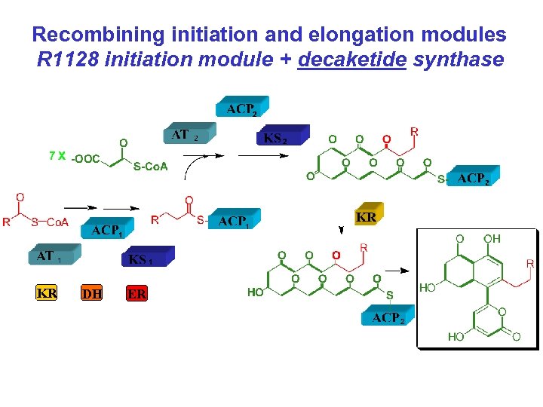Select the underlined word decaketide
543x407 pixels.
pyautogui.click(x=352, y=59)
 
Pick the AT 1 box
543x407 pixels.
pyautogui.click(x=53, y=256)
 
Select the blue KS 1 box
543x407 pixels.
pyautogui.click(x=146, y=258)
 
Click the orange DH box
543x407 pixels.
pyautogui.click(x=91, y=293)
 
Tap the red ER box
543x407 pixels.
pyautogui.click(x=137, y=293)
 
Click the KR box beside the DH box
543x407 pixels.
pyautogui.click(x=47, y=292)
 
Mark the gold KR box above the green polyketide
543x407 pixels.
pyautogui.click(x=366, y=216)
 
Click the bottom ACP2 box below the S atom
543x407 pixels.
pyautogui.click(x=388, y=317)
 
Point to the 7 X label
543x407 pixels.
pyautogui.click(x=57, y=155)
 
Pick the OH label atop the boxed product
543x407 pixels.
pyautogui.click(x=492, y=238)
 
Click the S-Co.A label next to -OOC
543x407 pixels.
pyautogui.click(x=150, y=167)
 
